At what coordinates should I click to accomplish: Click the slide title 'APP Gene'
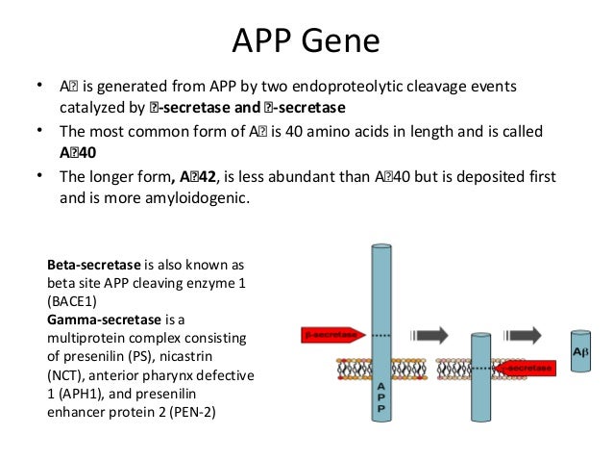[306, 41]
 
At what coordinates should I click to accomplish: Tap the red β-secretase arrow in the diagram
[331, 335]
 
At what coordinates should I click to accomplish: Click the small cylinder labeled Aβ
[580, 353]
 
